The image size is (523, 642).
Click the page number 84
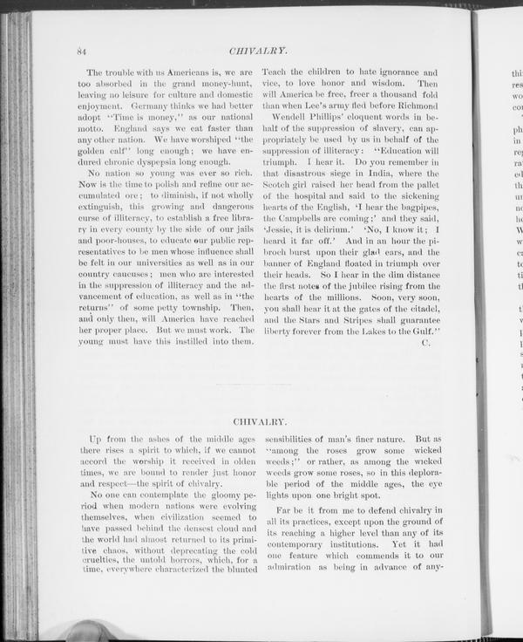(81, 51)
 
